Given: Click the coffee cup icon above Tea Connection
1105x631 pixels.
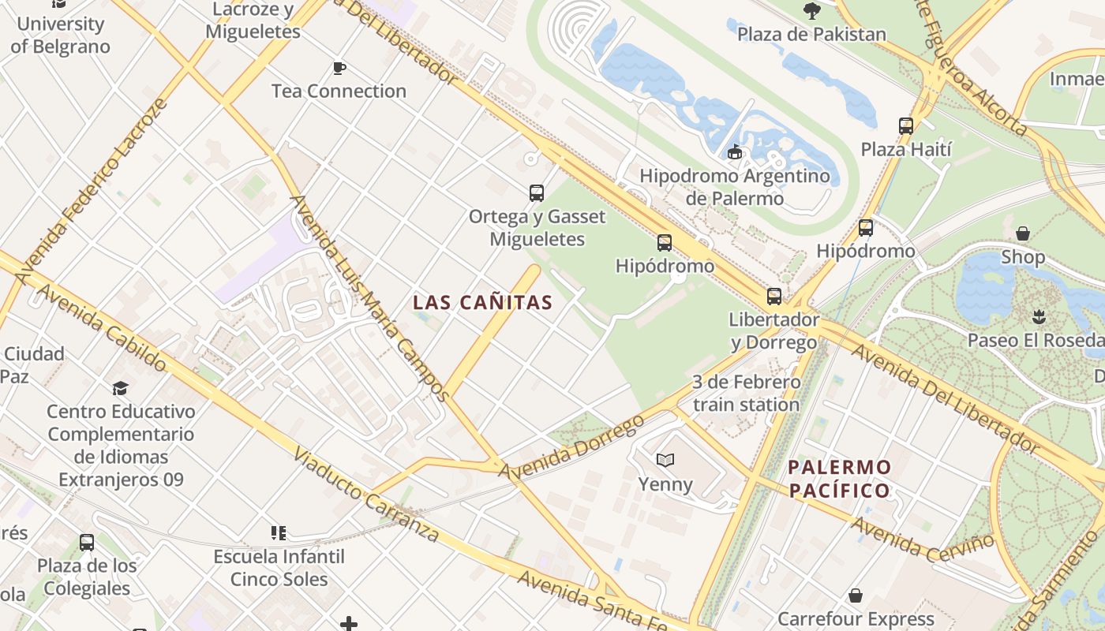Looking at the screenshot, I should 339,69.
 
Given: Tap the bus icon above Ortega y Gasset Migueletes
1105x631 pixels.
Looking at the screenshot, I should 537,192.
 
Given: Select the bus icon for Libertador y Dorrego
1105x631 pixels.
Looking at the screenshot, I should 774,297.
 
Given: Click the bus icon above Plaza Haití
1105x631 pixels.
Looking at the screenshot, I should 906,126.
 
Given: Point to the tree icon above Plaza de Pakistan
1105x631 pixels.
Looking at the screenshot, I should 811,10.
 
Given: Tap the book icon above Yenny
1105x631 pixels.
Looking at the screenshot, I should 665,460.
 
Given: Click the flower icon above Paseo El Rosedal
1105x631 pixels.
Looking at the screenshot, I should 1039,317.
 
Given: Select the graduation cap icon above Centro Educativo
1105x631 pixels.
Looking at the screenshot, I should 120,388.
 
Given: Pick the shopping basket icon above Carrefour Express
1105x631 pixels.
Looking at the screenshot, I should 856,596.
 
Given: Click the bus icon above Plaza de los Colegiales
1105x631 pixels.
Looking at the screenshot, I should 87,543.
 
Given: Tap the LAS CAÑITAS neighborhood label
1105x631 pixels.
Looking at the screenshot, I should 482,302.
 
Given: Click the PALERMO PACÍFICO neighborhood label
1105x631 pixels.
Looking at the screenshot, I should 840,479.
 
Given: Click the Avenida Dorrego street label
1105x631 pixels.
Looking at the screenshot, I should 572,446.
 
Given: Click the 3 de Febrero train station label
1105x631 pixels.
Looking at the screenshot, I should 746,394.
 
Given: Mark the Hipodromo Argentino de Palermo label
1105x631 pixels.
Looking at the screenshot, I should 735,187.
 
